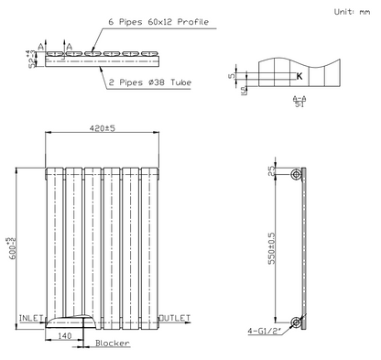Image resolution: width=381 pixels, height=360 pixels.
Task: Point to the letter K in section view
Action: (x=299, y=77)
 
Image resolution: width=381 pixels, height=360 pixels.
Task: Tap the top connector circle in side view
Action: (x=296, y=174)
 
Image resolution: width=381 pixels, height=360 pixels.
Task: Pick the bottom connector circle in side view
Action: (x=296, y=322)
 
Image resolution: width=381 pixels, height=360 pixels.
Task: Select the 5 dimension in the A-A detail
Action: (x=232, y=77)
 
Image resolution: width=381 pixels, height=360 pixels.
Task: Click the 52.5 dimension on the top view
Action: (x=31, y=60)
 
